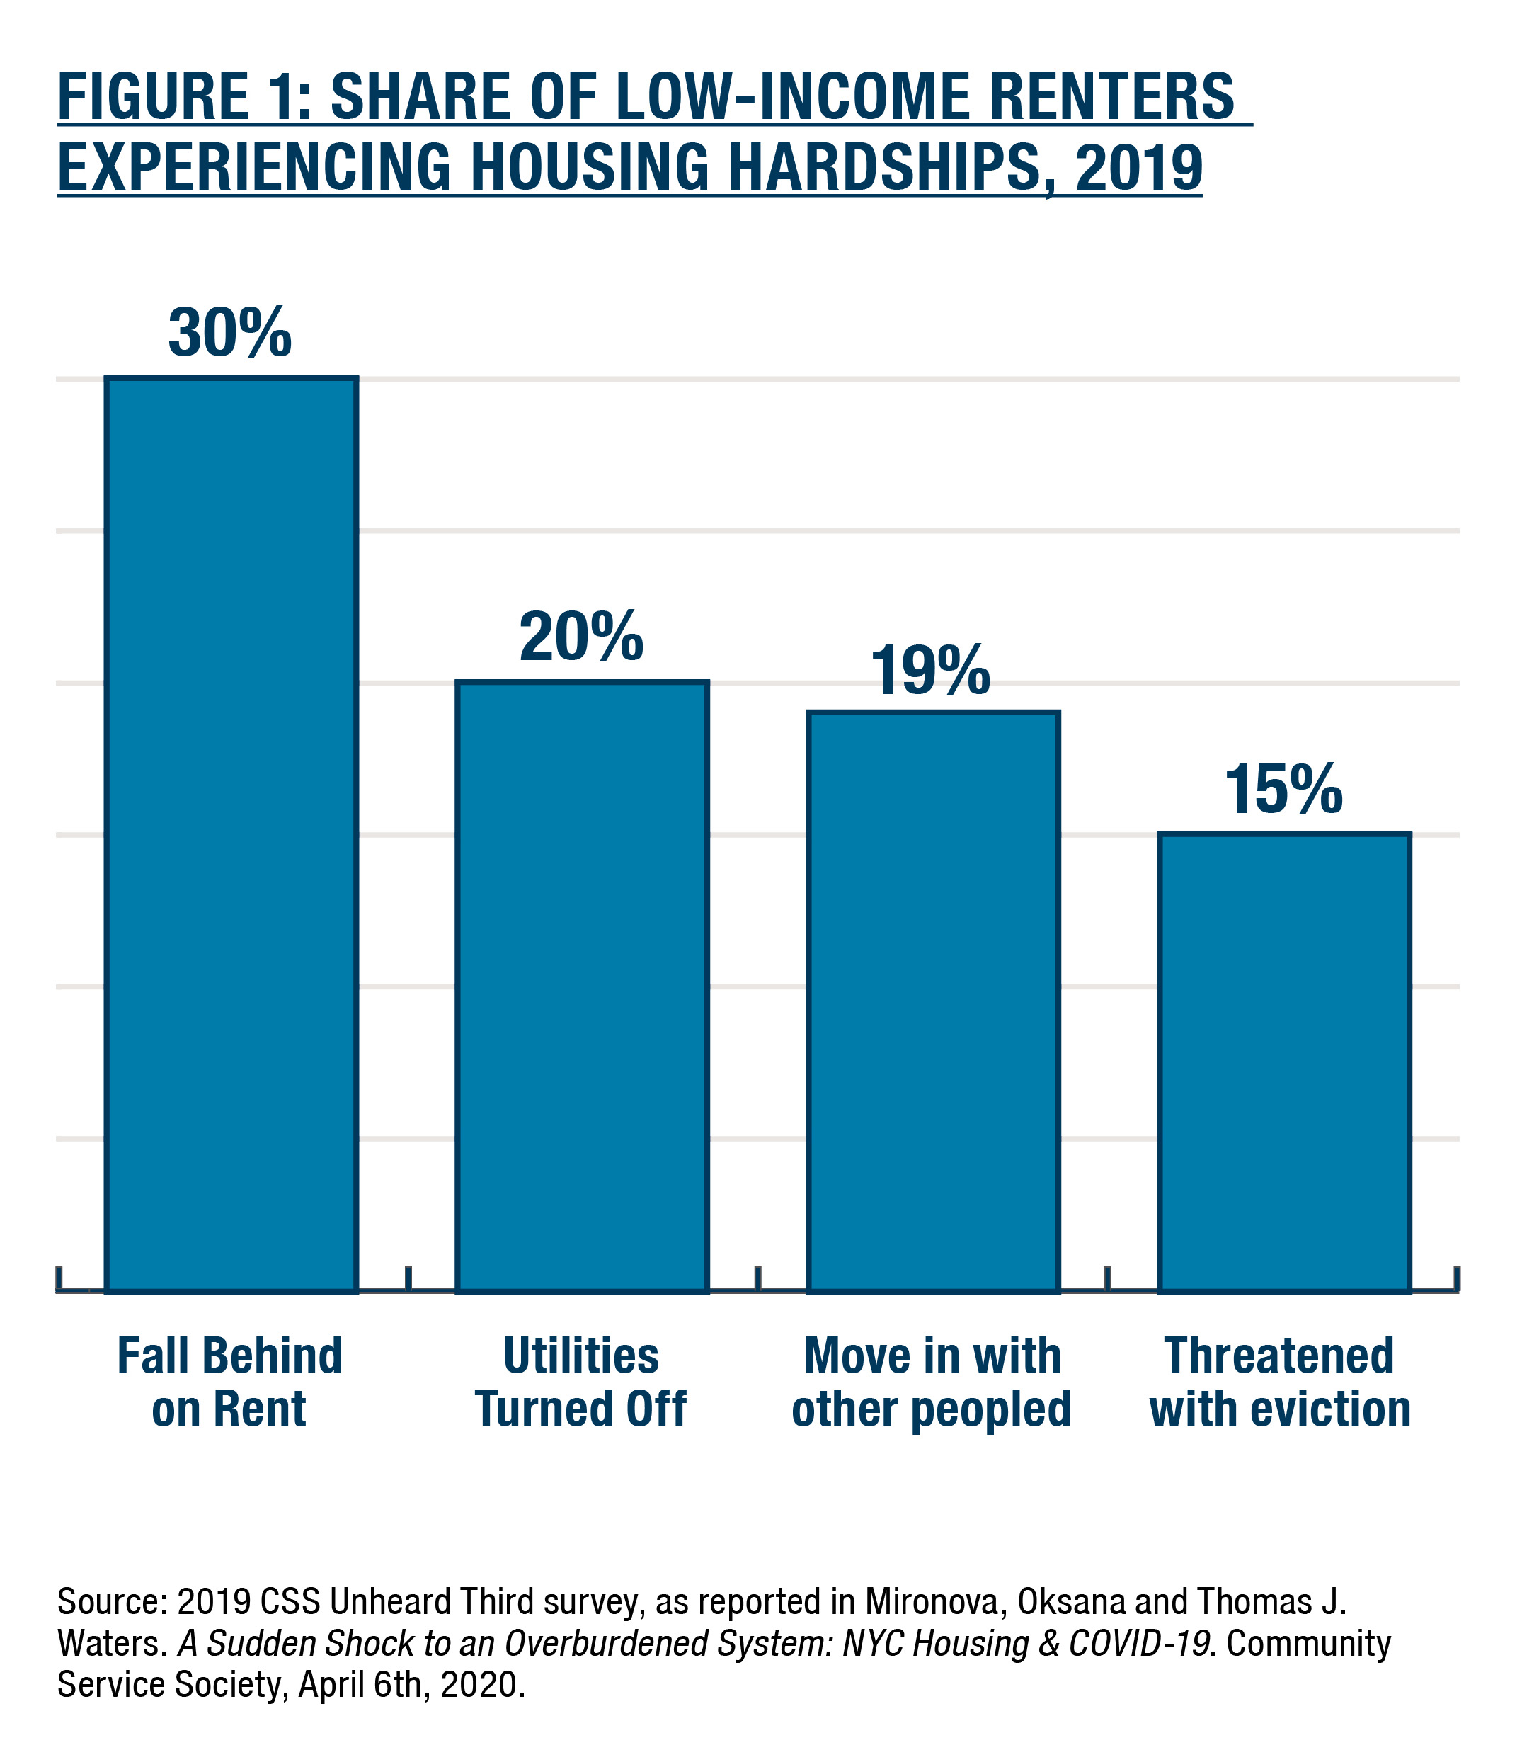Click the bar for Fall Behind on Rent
[231, 833]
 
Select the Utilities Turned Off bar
[582, 985]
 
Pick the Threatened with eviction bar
[1284, 1062]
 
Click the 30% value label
[230, 333]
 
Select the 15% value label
[1283, 790]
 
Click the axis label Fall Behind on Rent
[229, 1383]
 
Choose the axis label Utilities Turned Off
[581, 1383]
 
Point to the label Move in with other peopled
[932, 1383]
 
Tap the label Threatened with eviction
[1280, 1383]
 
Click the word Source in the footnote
[110, 1602]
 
